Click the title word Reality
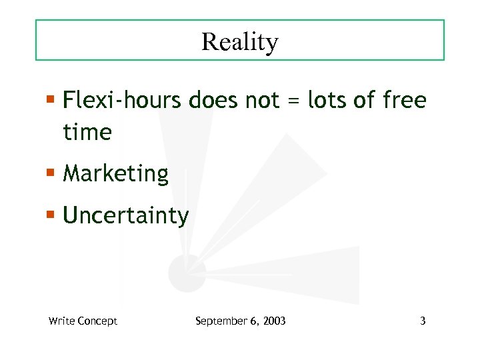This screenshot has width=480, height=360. pyautogui.click(x=239, y=42)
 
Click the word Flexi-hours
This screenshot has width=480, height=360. pyautogui.click(x=122, y=101)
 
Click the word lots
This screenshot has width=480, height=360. pyautogui.click(x=327, y=101)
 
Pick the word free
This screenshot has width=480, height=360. pyautogui.click(x=405, y=101)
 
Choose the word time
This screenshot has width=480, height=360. pyautogui.click(x=87, y=132)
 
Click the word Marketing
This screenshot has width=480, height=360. pyautogui.click(x=115, y=174)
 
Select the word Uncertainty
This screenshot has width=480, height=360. pyautogui.click(x=126, y=216)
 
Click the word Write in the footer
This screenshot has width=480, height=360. pyautogui.click(x=61, y=321)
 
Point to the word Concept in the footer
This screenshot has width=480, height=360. pyautogui.click(x=97, y=321)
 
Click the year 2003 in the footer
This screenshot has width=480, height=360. pyautogui.click(x=274, y=321)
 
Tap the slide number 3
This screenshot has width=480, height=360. pyautogui.click(x=423, y=321)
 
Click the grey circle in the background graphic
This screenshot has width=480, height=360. pyautogui.click(x=186, y=272)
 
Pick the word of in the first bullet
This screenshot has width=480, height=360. pyautogui.click(x=365, y=101)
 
